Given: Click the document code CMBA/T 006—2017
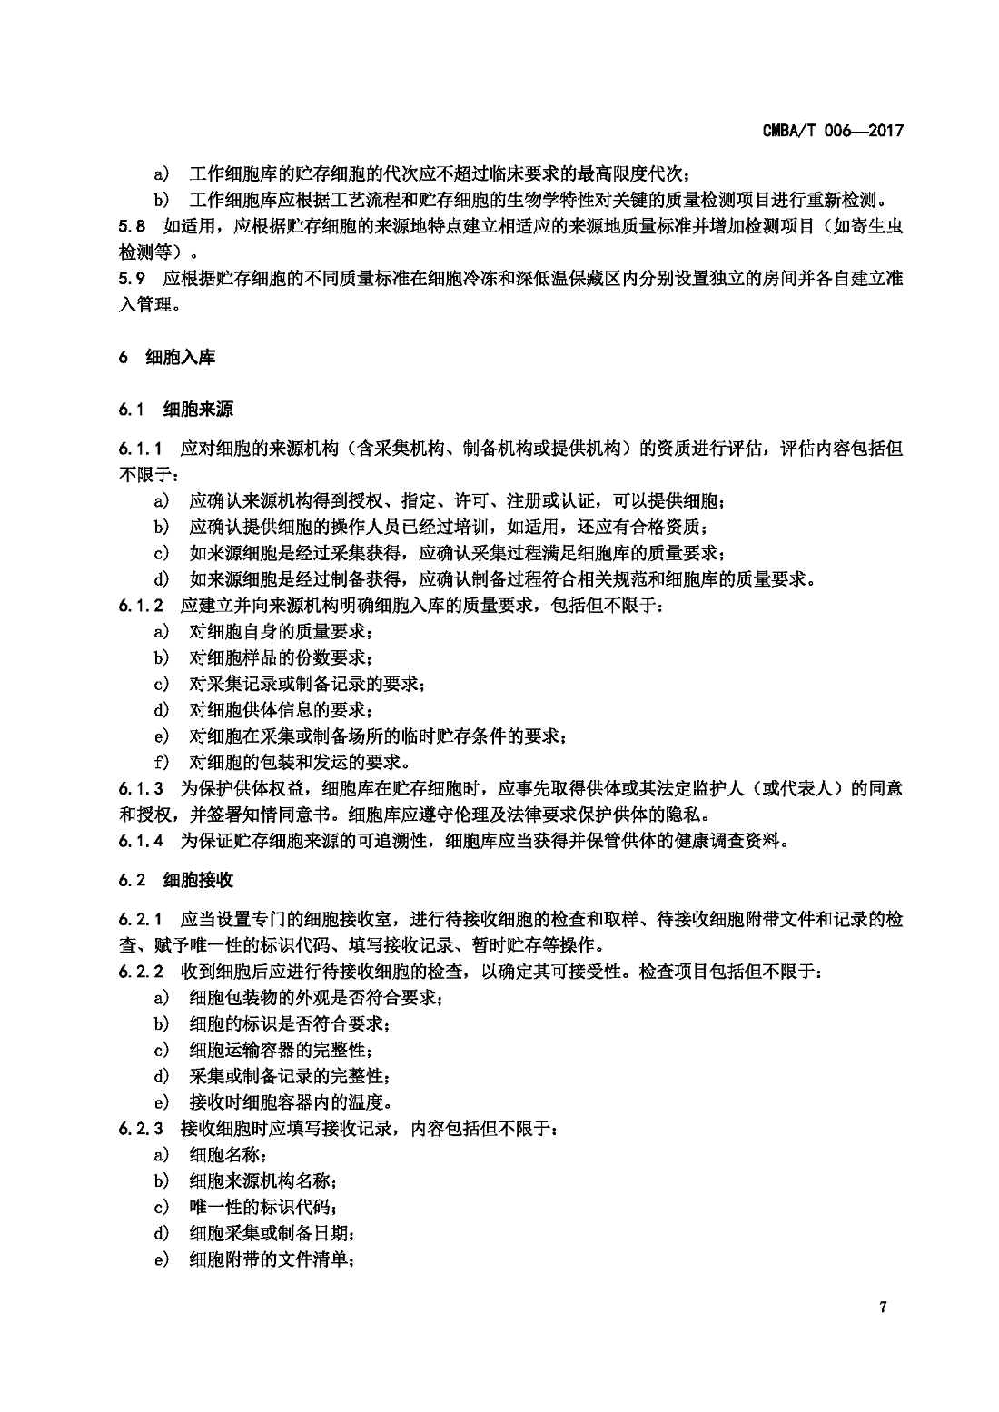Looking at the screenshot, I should click(833, 132).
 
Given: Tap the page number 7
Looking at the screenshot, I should click(882, 1307).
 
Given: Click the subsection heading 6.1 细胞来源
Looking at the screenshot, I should click(175, 410).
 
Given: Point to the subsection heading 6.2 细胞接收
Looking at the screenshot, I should click(175, 880).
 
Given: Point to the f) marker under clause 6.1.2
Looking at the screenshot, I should click(161, 762).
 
